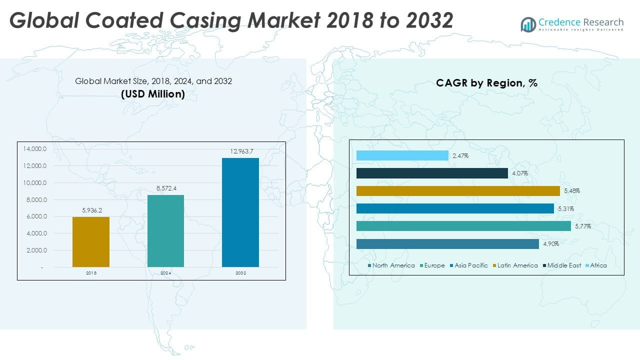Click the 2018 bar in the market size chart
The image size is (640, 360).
click(91, 242)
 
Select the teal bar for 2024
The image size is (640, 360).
click(165, 230)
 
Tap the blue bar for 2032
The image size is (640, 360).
click(240, 212)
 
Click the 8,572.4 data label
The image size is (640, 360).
click(165, 188)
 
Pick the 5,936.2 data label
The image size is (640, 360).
click(91, 210)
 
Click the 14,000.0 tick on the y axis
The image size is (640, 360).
click(34, 149)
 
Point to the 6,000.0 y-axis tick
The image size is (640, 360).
click(35, 216)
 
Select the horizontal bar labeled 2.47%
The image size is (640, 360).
click(402, 156)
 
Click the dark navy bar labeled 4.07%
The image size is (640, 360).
click(432, 173)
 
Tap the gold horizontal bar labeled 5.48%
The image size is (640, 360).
click(458, 191)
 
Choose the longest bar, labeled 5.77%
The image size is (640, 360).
click(463, 226)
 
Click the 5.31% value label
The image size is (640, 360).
click(566, 209)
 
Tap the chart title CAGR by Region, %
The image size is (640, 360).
click(486, 83)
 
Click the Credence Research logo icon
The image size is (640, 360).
click(528, 24)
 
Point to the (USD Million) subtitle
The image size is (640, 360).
click(153, 93)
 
